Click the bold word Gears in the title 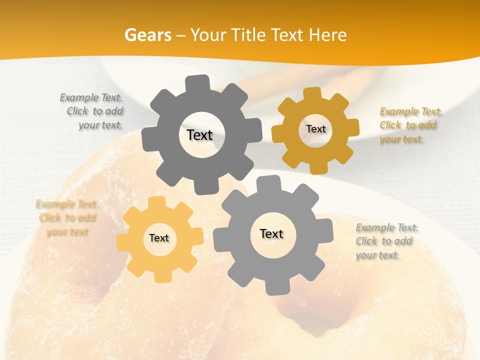point(147,35)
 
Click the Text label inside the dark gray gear point(199,135)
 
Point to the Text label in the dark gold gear point(315,129)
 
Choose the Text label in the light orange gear point(159,238)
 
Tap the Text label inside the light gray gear point(271,233)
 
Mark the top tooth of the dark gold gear point(312,93)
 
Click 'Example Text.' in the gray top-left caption point(91,97)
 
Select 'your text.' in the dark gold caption point(401,139)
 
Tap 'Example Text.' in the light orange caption point(67,204)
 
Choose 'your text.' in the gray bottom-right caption point(377,255)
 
